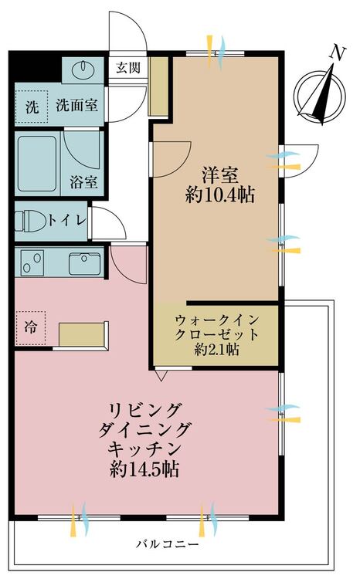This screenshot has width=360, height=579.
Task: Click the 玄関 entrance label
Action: click(x=128, y=68)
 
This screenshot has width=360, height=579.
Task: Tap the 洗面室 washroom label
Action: click(x=77, y=106)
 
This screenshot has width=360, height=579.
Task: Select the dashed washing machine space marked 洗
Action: click(x=32, y=107)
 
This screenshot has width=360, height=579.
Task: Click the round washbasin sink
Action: click(x=83, y=69)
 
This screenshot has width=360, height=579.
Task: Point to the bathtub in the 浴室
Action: click(x=36, y=164)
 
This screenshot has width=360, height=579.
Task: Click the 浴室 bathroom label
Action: click(x=84, y=182)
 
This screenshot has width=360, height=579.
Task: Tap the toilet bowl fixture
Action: click(x=30, y=221)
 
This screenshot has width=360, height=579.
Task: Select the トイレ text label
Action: click(x=67, y=221)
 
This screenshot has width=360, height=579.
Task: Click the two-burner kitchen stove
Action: click(x=32, y=262)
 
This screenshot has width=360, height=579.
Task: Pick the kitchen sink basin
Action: click(x=85, y=264)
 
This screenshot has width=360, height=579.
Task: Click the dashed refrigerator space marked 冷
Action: click(x=30, y=328)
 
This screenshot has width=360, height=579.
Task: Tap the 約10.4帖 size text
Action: click(x=220, y=195)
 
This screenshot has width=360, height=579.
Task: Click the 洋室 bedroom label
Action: click(x=219, y=175)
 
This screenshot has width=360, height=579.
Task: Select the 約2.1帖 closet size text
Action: click(x=216, y=349)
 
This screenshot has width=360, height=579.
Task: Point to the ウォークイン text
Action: click(x=217, y=320)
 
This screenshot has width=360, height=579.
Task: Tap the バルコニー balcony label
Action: click(x=168, y=544)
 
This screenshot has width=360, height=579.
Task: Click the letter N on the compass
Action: click(x=338, y=53)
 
